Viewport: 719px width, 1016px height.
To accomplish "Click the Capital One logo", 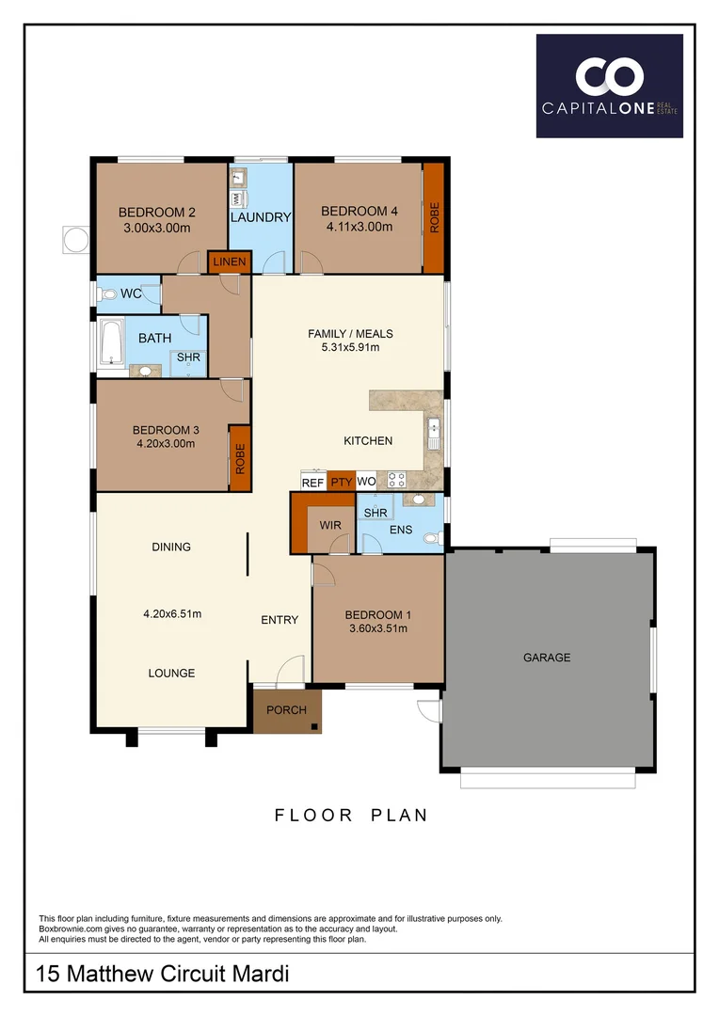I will (x=609, y=86).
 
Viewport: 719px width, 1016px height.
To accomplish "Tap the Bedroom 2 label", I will (x=156, y=212).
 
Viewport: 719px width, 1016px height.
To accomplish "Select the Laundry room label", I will (x=261, y=217).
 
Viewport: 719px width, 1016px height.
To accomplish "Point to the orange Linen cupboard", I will (x=229, y=262).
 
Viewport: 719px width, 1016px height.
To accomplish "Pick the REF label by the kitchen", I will (x=312, y=483).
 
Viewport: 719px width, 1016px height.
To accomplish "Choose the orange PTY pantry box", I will (x=341, y=483).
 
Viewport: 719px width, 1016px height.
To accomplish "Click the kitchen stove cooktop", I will (x=396, y=480).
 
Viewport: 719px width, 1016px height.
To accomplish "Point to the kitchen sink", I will (x=433, y=434).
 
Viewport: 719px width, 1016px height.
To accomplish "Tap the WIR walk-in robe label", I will (x=329, y=525).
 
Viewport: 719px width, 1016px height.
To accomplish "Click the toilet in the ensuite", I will (x=432, y=539).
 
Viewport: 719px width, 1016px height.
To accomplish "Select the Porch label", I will (x=286, y=709).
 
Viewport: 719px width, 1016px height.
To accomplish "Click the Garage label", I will (x=547, y=658).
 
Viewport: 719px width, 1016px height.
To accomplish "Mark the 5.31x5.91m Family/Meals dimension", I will (x=350, y=348).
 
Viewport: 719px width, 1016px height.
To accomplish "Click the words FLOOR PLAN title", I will (x=351, y=816).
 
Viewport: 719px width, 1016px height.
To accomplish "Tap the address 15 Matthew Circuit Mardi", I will (x=162, y=975).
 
